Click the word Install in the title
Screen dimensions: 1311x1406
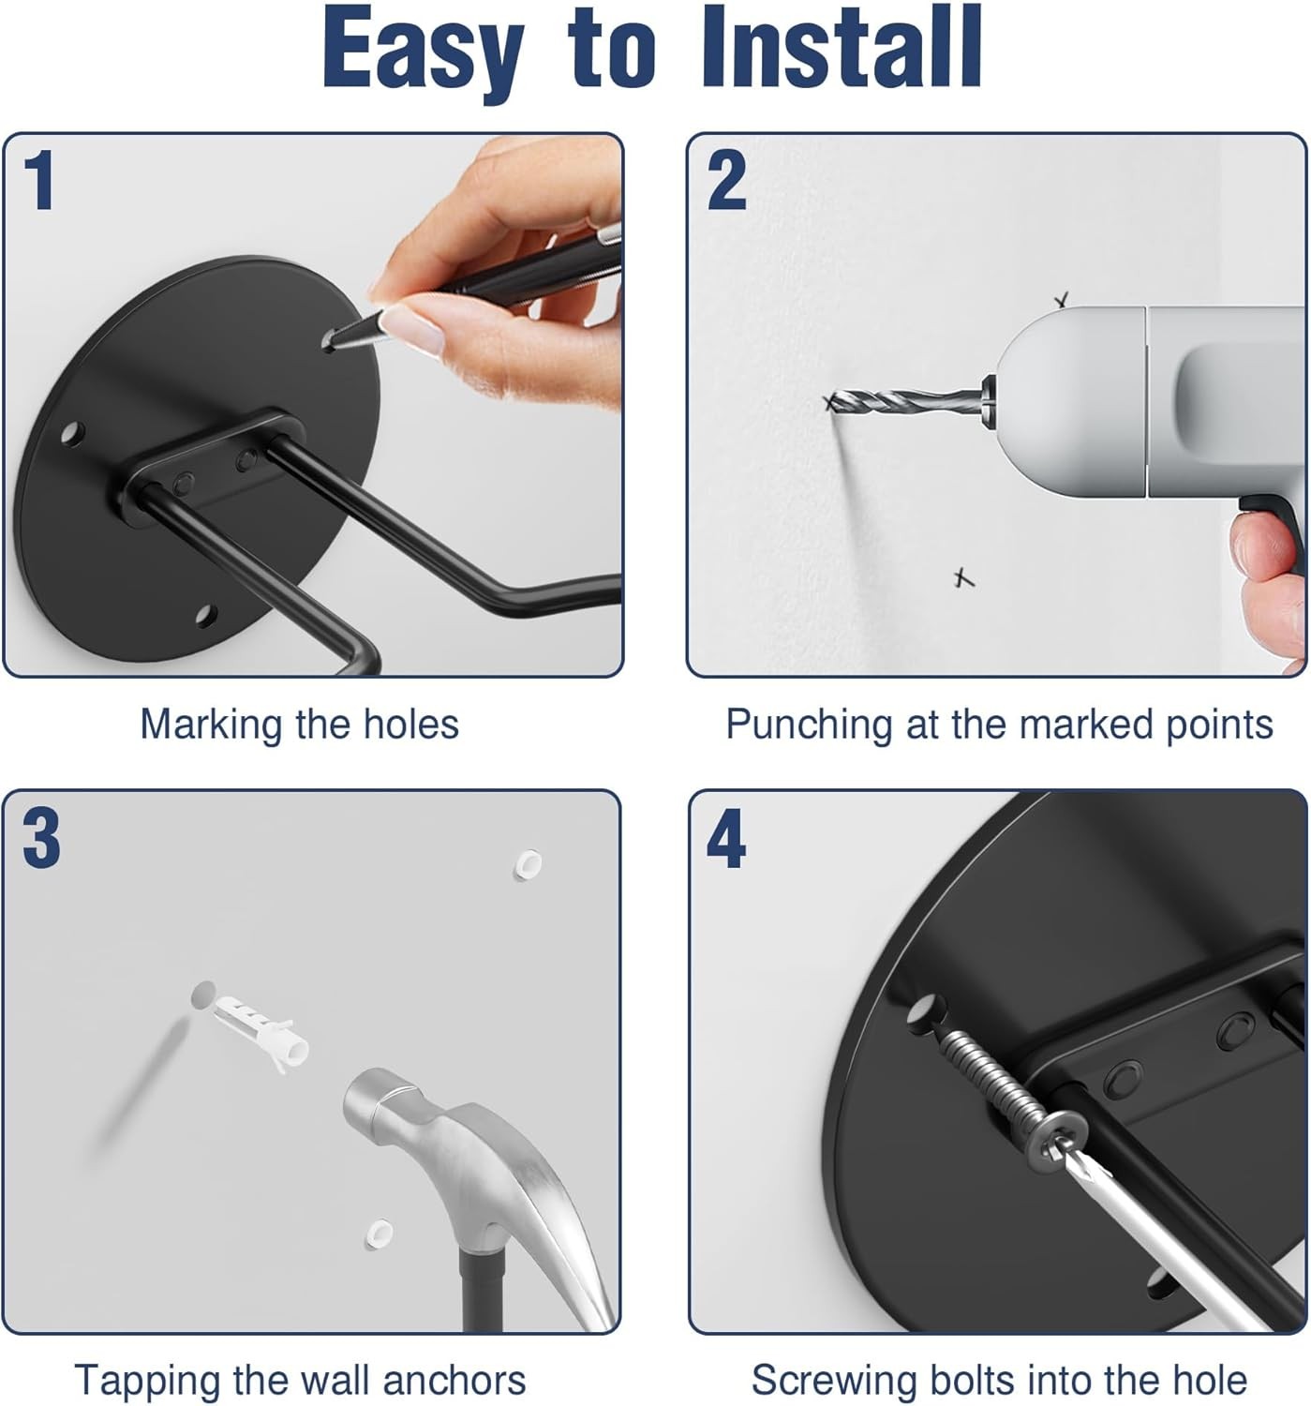click(841, 46)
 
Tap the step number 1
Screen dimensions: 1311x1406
click(39, 180)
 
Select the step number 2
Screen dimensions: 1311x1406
click(726, 180)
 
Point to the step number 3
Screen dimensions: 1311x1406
click(41, 838)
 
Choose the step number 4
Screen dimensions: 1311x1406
click(726, 838)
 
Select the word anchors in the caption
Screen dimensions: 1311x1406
click(454, 1380)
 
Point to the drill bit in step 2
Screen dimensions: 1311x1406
click(906, 402)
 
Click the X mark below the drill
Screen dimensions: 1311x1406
click(962, 577)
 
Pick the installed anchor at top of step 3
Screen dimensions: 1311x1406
click(528, 864)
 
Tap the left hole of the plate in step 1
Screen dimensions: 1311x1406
click(72, 432)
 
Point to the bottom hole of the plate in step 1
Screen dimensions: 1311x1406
click(206, 615)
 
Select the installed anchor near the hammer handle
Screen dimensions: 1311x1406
click(379, 1234)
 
